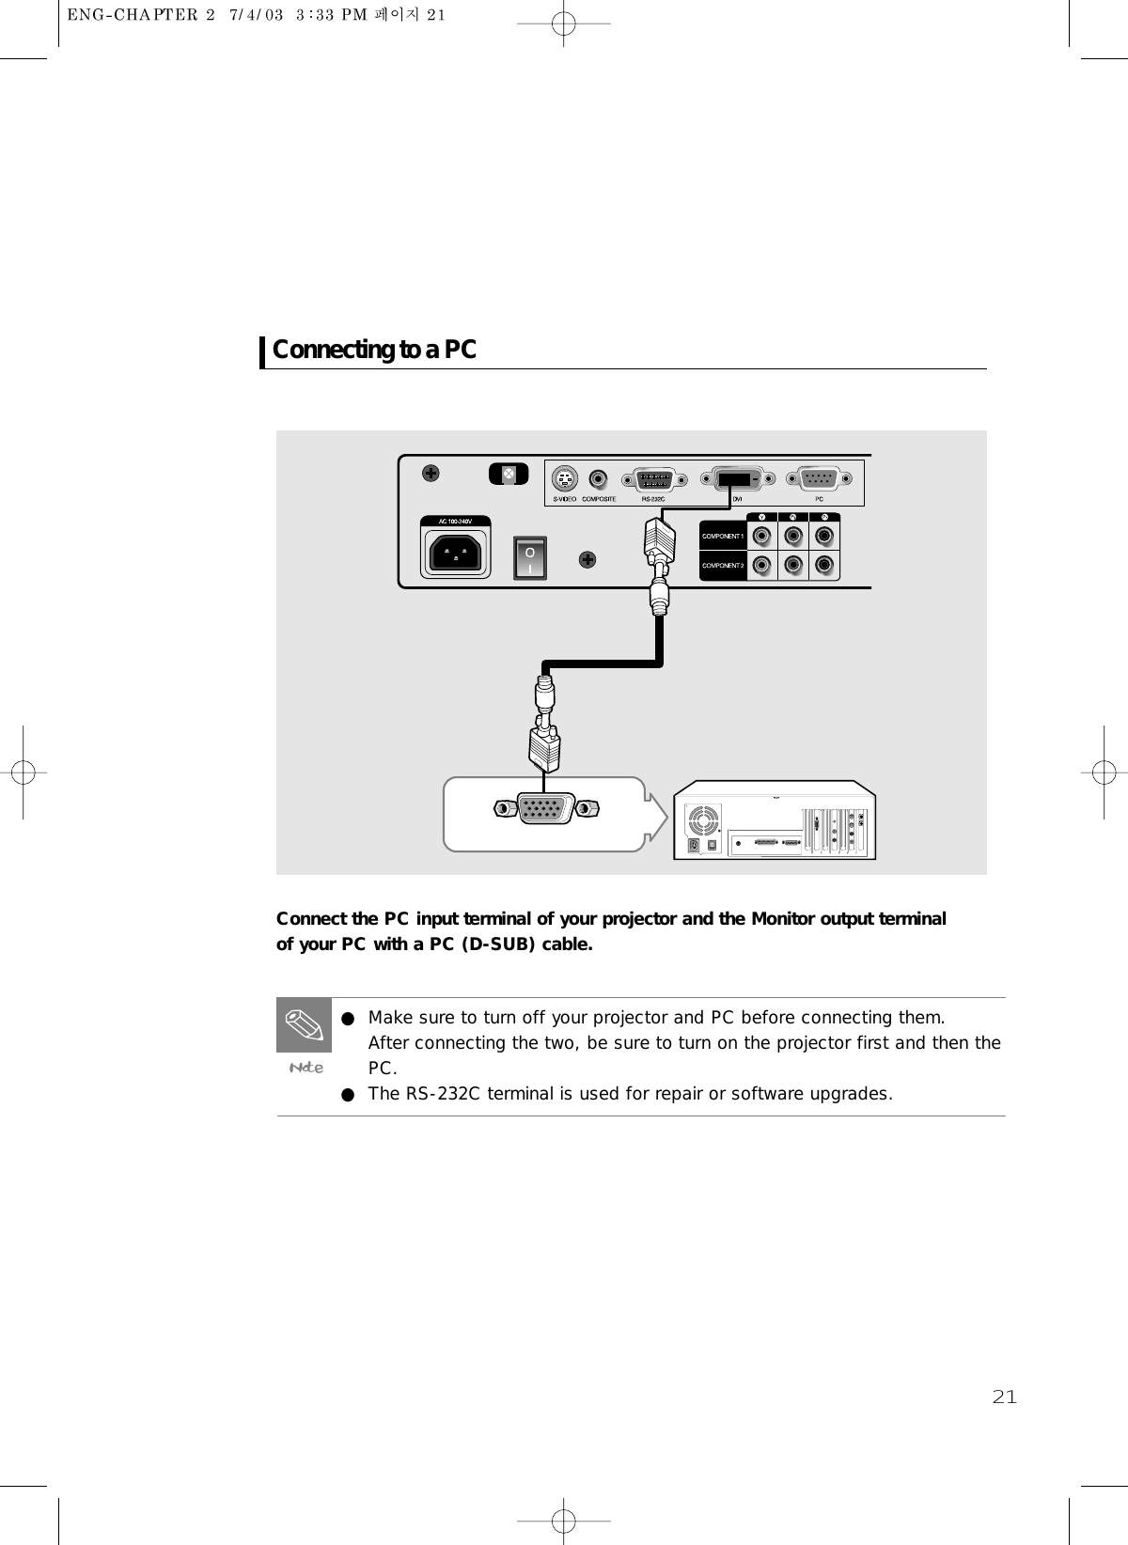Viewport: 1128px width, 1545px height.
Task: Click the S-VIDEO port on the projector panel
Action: pos(563,478)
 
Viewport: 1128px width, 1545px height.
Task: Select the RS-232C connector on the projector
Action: pos(654,478)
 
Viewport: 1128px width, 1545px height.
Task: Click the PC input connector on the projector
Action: pos(821,478)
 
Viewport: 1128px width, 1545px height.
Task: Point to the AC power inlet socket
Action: pos(458,552)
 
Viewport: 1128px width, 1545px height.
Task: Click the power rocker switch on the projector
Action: pos(530,557)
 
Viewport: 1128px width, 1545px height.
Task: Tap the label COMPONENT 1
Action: pos(722,537)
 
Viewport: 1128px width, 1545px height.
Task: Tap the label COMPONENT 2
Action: pos(722,566)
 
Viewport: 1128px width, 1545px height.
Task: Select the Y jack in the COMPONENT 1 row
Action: pos(762,537)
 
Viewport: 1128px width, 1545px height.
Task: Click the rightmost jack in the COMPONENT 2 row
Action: pos(824,566)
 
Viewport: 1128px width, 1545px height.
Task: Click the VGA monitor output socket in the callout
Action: pos(546,808)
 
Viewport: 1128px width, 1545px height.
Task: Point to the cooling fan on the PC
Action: pos(703,820)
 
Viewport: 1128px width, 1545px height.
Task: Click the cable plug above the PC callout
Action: pos(544,741)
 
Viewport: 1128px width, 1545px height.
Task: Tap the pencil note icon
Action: pos(304,1024)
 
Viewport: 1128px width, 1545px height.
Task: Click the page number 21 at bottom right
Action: pos(1004,1397)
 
